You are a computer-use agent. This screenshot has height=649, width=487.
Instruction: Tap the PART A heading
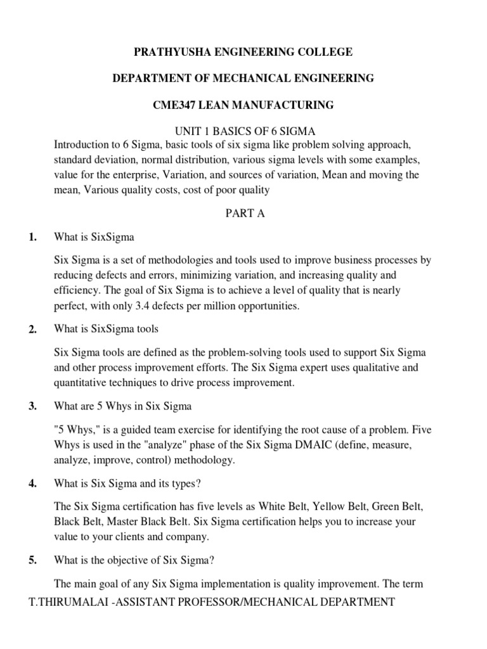245,214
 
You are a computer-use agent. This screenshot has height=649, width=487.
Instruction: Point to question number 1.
32,238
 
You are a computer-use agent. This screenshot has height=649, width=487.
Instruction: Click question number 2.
33,329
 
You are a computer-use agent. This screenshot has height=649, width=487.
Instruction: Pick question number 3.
33,406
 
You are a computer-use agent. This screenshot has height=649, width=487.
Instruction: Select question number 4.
33,484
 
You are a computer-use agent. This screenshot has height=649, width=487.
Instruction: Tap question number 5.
33,561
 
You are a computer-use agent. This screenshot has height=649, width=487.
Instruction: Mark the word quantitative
82,383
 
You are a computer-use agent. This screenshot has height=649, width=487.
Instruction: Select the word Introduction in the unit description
82,144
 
